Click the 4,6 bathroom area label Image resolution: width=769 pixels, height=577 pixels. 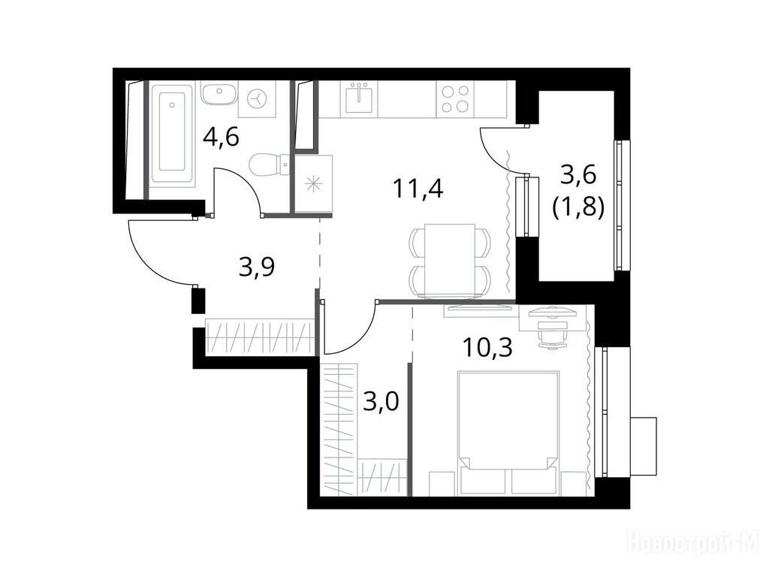pyautogui.click(x=221, y=137)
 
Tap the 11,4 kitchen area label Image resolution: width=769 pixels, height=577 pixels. pyautogui.click(x=418, y=189)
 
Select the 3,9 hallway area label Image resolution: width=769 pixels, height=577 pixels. pyautogui.click(x=257, y=267)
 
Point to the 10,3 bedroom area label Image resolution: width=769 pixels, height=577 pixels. pyautogui.click(x=487, y=347)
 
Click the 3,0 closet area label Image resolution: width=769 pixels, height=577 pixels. pyautogui.click(x=381, y=402)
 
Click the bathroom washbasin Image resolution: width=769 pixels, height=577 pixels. pyautogui.click(x=219, y=93)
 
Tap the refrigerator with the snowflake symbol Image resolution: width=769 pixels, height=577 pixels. pyautogui.click(x=313, y=184)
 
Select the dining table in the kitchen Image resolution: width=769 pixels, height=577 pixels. pyautogui.click(x=450, y=261)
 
